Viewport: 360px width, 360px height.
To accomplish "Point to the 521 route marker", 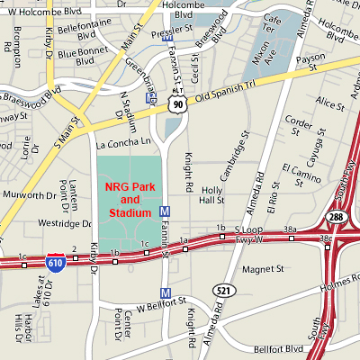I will click(x=220, y=289).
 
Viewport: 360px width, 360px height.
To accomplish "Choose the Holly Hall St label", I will click(x=212, y=195).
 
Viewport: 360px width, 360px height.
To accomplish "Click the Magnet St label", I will click(x=262, y=267).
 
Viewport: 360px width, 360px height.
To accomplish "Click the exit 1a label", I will click(x=183, y=239).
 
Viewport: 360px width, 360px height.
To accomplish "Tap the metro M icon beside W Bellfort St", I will click(x=165, y=292).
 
